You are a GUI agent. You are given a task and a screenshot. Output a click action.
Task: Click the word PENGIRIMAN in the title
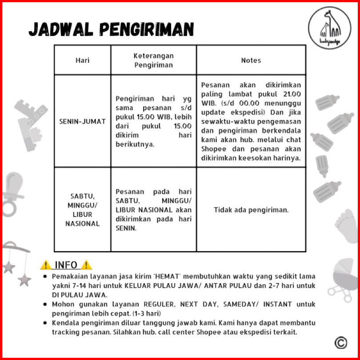(x=146, y=29)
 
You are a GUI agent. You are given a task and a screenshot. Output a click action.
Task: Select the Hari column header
(x=83, y=60)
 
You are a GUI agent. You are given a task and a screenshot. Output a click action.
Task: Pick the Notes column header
(x=251, y=60)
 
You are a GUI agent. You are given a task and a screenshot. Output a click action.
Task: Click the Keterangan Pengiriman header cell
(x=153, y=60)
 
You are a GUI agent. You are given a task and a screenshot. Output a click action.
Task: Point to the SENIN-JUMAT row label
(x=83, y=121)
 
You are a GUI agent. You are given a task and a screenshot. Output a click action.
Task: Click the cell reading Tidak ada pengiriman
(x=251, y=209)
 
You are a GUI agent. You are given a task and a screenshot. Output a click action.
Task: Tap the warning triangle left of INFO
(x=46, y=265)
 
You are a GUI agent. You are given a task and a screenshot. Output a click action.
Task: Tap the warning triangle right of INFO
(x=86, y=265)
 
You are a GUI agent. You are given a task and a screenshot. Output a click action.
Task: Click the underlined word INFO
(x=66, y=265)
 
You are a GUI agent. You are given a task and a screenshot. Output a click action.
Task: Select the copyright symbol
(x=341, y=342)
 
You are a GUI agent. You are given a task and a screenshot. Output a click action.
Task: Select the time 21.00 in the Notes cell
(x=292, y=94)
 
